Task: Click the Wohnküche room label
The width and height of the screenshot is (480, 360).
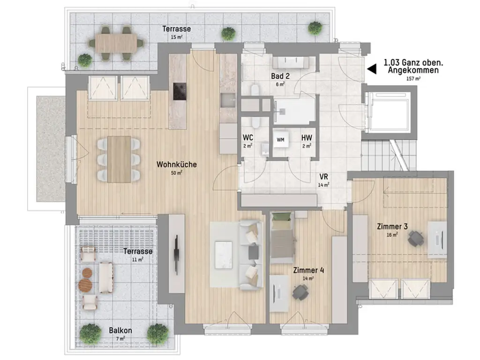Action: (x=177, y=165)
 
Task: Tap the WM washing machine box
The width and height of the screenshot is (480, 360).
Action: (x=280, y=140)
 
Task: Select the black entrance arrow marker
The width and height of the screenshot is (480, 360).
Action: (x=372, y=69)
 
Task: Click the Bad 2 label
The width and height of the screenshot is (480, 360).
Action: (x=280, y=76)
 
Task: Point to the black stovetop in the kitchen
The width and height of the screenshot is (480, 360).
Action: (x=180, y=91)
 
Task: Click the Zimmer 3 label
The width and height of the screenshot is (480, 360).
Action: (x=392, y=226)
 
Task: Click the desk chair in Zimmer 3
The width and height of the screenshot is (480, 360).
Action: (x=416, y=238)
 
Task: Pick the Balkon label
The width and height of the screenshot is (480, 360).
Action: (x=120, y=330)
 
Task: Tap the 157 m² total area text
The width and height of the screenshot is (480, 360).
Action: (x=413, y=79)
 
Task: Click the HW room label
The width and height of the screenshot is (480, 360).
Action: (x=307, y=138)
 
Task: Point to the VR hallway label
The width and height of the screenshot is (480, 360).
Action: (x=323, y=177)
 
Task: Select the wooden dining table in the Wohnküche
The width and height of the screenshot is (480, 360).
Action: (x=119, y=159)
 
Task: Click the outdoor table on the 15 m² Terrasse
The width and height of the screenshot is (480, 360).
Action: (x=116, y=43)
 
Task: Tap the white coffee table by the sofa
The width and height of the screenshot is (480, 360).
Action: (x=224, y=255)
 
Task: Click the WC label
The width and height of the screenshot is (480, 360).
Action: (x=248, y=138)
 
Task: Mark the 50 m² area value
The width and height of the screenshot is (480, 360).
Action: (x=177, y=173)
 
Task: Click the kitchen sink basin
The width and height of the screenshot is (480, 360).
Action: (x=228, y=100)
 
